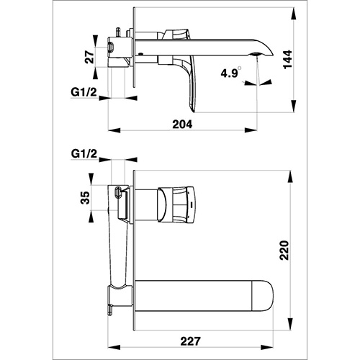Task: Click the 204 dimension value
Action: tap(182, 125)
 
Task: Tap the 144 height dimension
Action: tap(287, 59)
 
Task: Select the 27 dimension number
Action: tap(89, 57)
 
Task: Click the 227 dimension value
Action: tap(190, 341)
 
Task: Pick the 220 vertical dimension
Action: tap(284, 250)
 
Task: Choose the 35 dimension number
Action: tap(85, 197)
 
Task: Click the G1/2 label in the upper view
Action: tap(84, 92)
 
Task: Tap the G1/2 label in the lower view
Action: tap(84, 154)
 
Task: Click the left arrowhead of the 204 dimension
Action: tap(114, 130)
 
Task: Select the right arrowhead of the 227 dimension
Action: tap(267, 347)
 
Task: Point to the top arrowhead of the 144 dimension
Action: tap(293, 14)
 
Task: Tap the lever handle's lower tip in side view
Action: tap(194, 109)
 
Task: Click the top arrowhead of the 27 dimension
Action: tap(95, 41)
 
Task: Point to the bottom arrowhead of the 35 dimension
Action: tap(91, 217)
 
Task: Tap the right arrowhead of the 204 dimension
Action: tap(251, 130)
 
